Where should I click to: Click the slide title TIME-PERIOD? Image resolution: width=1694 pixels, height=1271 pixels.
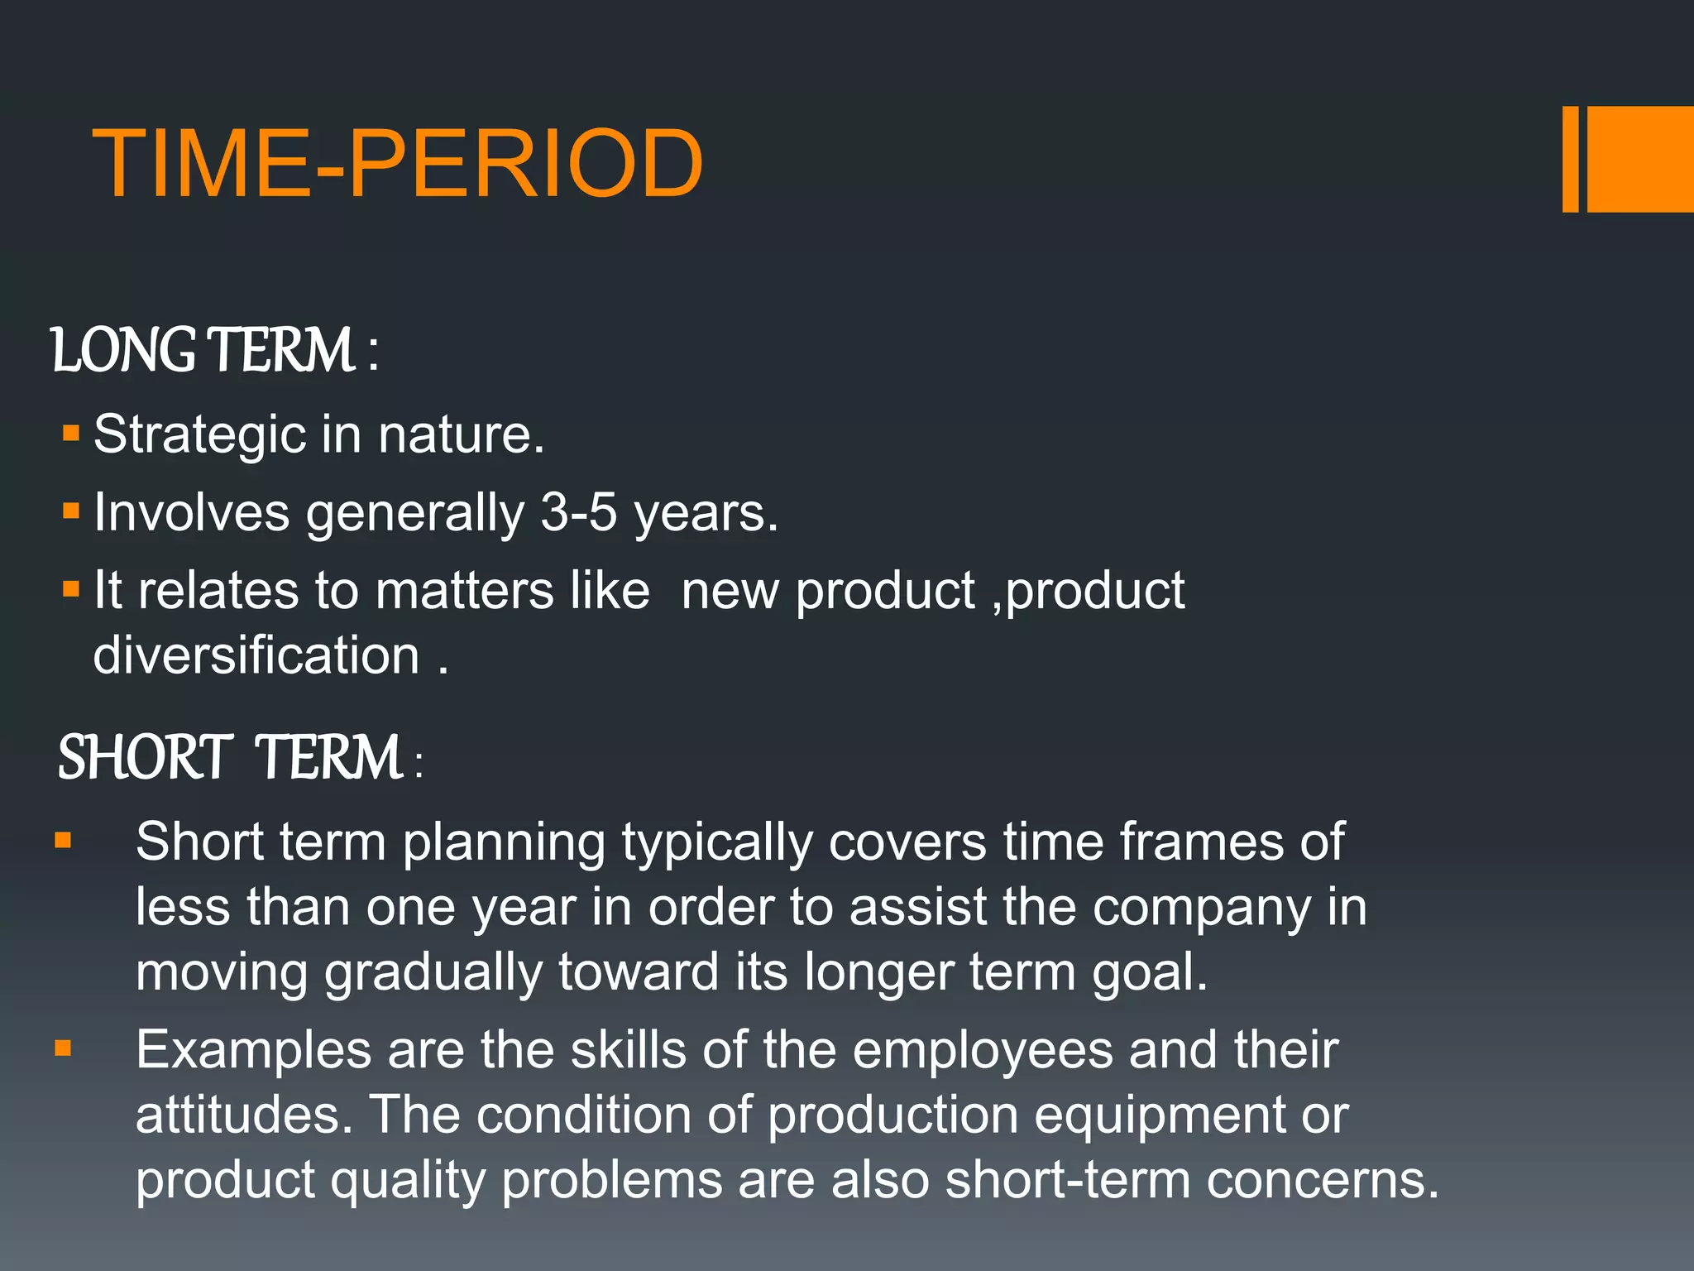coord(397,164)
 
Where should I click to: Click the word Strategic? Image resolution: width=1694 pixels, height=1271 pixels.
coord(199,435)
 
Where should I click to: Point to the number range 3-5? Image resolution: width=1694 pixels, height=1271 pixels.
coord(578,512)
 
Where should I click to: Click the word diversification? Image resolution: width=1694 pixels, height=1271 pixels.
coord(256,655)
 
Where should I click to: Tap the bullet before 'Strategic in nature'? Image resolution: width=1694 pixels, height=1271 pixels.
coord(71,433)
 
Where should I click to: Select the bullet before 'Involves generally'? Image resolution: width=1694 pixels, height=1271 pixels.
coord(71,511)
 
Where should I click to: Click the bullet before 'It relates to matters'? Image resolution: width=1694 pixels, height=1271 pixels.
coord(71,589)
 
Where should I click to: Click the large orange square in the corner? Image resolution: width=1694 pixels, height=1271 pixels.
coord(1640,159)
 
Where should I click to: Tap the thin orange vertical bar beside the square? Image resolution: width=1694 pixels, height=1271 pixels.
coord(1570,159)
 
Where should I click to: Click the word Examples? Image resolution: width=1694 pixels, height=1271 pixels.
coord(253,1051)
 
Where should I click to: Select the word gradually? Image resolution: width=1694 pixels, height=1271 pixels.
coord(433,973)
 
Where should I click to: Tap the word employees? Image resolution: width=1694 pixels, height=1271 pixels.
coord(983,1051)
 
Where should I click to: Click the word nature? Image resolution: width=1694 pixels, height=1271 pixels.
coord(461,435)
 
